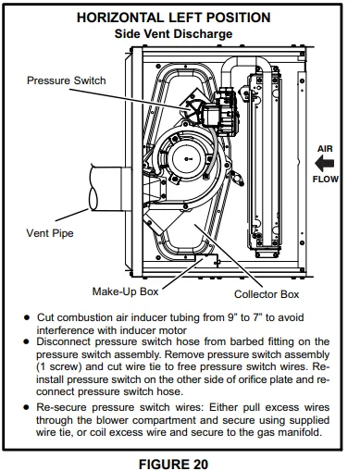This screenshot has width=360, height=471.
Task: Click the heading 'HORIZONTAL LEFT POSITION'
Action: pos(180,18)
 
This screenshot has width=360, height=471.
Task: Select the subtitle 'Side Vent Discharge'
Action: pos(180,33)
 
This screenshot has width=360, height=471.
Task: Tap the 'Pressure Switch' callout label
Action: pos(66,80)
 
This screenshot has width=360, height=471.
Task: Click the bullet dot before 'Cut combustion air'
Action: pos(29,316)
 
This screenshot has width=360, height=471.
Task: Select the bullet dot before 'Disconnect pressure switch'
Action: pos(29,341)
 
